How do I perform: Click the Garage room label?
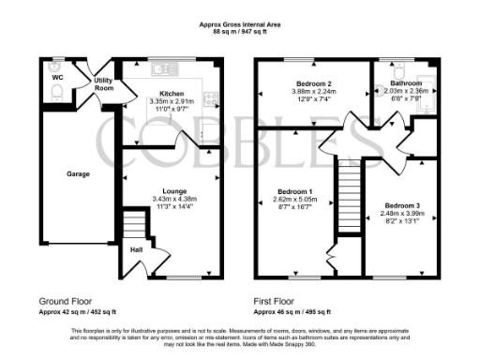[78, 174]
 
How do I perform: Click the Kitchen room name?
[171, 94]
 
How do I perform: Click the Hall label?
[135, 249]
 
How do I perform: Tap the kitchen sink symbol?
[164, 67]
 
